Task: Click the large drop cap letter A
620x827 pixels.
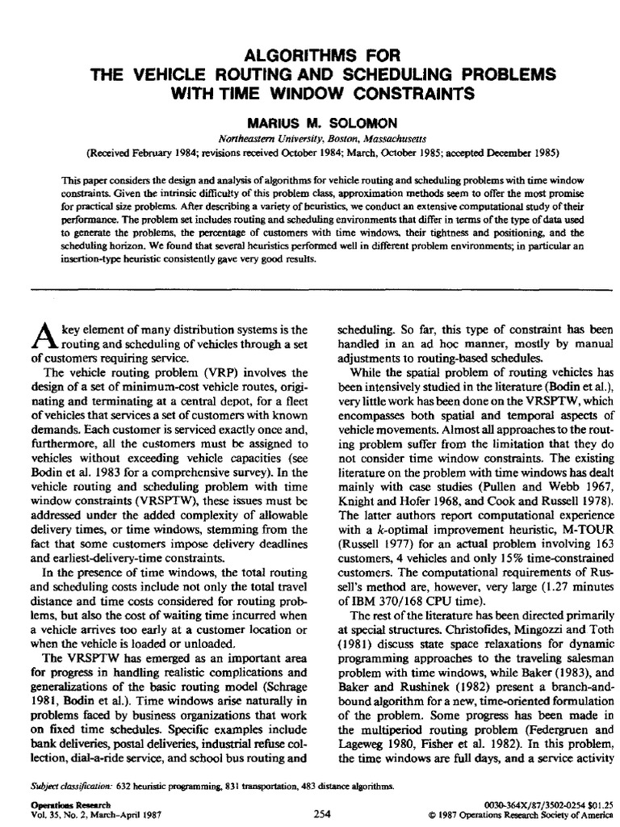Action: pos(40,337)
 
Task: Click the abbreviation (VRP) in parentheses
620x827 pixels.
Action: pos(210,372)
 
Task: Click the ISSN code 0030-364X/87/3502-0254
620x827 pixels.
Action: pos(525,805)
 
